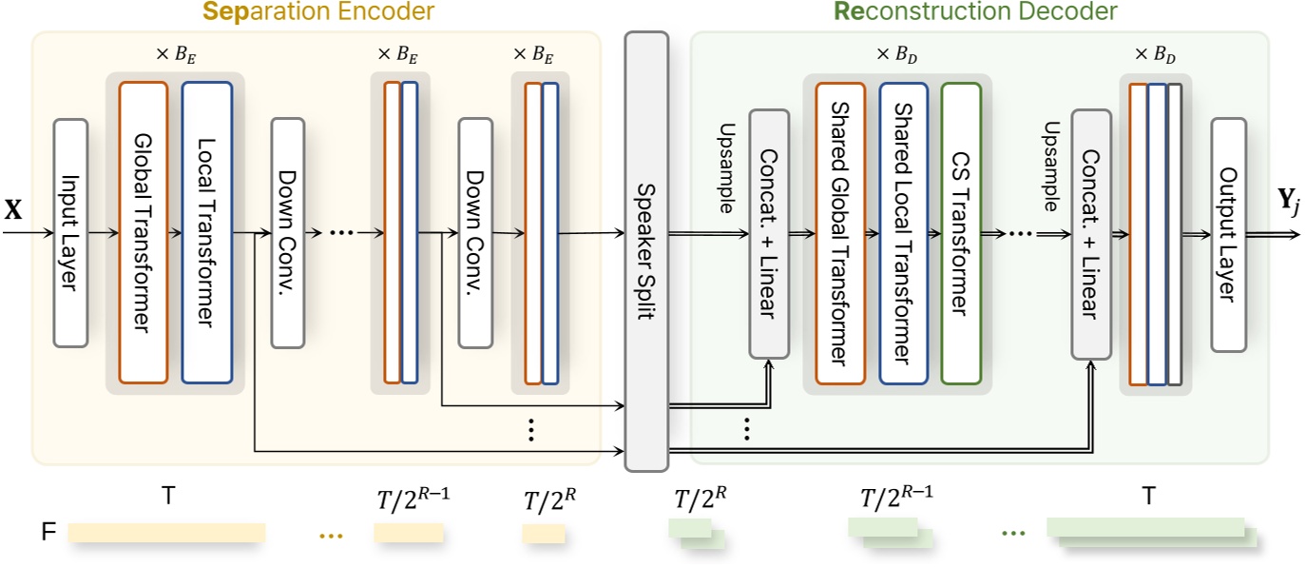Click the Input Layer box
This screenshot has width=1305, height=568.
click(x=70, y=233)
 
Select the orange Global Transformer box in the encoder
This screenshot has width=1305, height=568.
click(x=144, y=233)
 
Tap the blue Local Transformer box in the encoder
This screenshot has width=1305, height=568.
click(x=206, y=233)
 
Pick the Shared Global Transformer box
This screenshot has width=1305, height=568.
click(x=840, y=233)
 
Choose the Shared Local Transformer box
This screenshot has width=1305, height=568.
click(x=903, y=233)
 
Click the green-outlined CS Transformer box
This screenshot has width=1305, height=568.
click(x=961, y=233)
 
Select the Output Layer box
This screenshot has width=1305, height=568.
click(x=1228, y=234)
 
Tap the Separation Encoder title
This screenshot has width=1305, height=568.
click(x=318, y=12)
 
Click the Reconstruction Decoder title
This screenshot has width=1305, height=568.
click(x=976, y=12)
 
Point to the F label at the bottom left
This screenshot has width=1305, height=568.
click(x=48, y=532)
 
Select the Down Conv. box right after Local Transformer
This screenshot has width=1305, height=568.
click(x=287, y=233)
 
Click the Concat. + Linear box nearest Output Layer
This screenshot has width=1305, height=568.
click(x=1091, y=234)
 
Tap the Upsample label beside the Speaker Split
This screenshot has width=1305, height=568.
click(x=727, y=162)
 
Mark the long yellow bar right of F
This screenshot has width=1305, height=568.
click(x=166, y=532)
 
